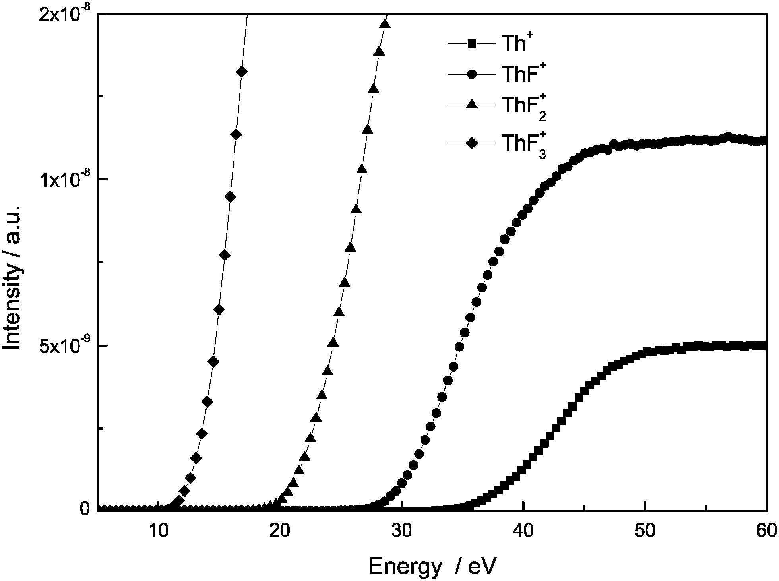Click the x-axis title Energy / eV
pyautogui.click(x=432, y=566)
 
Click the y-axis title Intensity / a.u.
pyautogui.click(x=13, y=277)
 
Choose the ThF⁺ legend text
pyautogui.click(x=521, y=74)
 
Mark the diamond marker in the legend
pyautogui.click(x=472, y=142)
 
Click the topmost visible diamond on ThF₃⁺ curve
pyautogui.click(x=242, y=72)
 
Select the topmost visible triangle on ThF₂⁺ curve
pyautogui.click(x=385, y=24)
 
